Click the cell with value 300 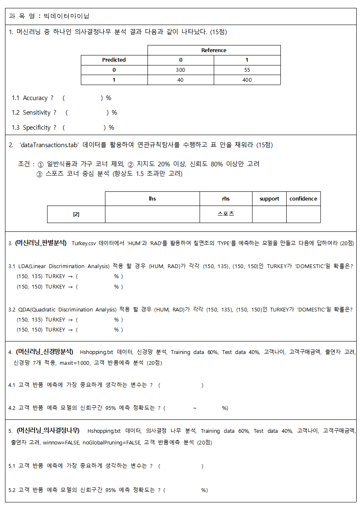180,70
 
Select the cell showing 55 247,70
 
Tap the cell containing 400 247,80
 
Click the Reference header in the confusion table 214,50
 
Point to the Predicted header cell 114,60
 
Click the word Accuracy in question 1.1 35,98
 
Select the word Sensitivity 37,113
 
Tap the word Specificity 37,128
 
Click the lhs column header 152,198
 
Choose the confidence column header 303,198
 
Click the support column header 269,198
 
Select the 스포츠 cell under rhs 226,214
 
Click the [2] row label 76,214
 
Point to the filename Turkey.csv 84,243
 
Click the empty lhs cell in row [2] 152,214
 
